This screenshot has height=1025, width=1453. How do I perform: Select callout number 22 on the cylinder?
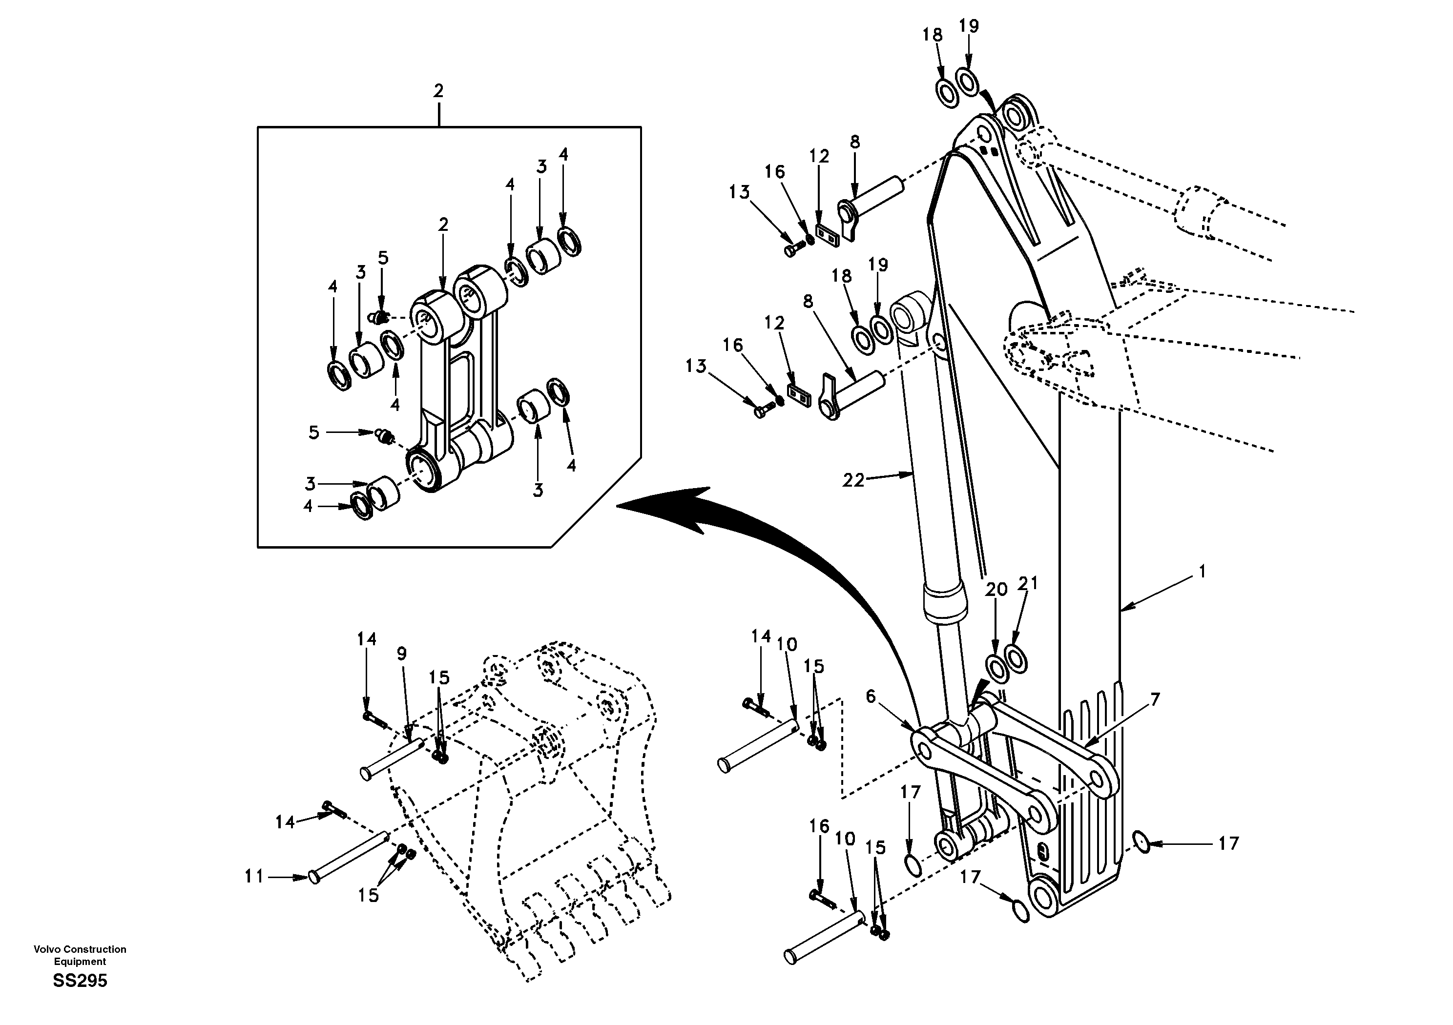852,481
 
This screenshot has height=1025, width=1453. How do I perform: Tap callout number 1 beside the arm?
1202,572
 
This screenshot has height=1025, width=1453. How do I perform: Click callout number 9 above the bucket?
402,654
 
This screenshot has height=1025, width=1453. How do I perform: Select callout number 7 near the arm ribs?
1155,700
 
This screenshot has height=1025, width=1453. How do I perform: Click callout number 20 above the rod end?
996,590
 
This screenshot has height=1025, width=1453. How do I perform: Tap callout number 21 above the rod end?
1028,583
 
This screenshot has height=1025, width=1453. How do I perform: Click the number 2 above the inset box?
438,90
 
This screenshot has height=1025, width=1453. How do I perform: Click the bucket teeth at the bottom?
588,899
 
